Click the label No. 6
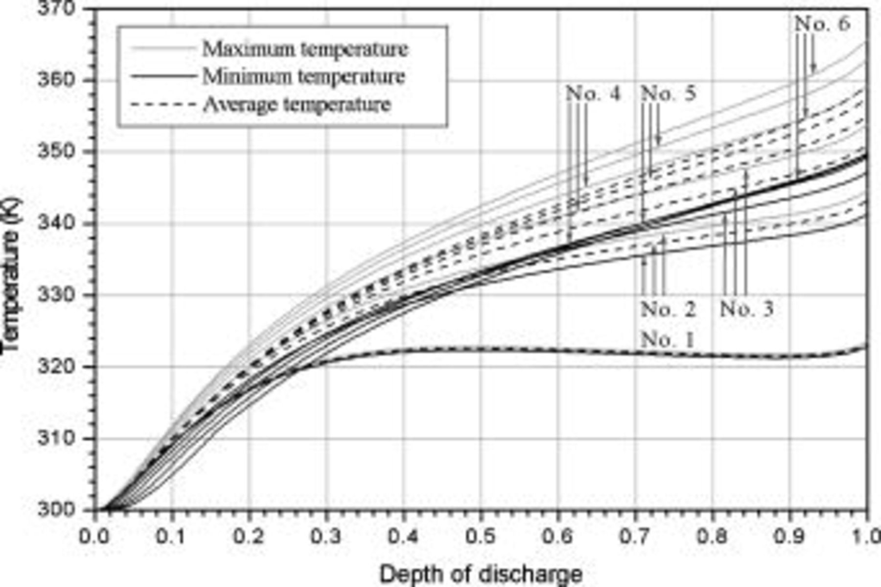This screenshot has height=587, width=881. [822, 23]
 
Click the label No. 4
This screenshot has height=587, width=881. [593, 93]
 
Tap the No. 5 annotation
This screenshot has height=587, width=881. [669, 93]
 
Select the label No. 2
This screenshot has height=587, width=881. [668, 309]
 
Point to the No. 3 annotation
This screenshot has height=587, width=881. [747, 309]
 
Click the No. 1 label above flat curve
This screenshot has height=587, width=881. [668, 339]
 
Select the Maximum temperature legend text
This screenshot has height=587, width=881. [305, 49]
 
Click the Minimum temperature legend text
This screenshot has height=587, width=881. [303, 77]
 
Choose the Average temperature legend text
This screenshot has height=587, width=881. [297, 105]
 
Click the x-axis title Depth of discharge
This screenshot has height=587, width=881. [481, 574]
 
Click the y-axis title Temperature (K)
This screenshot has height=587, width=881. [12, 274]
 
